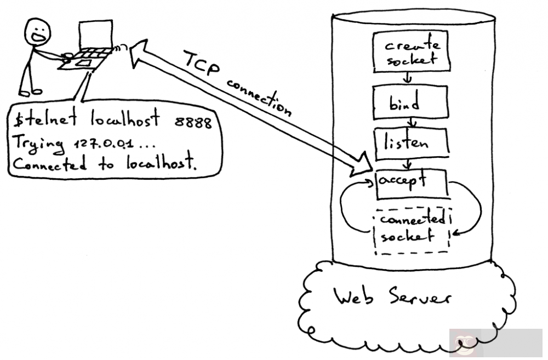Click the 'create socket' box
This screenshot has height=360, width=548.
click(411, 52)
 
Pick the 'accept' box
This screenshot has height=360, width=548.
click(412, 184)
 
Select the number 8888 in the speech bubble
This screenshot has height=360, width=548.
click(193, 122)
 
